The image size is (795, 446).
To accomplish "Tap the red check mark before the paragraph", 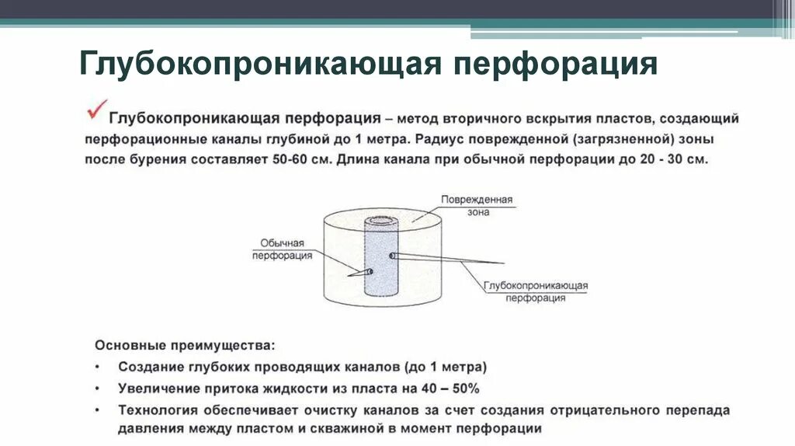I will [95, 110].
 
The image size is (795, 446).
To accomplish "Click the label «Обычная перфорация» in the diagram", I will [282, 249].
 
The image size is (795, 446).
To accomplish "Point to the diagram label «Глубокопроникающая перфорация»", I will [536, 291].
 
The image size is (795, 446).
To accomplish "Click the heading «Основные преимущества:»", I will [184, 343].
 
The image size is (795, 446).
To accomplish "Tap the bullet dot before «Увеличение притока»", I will [99, 387].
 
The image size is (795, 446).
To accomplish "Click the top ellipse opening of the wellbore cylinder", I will [382, 220].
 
